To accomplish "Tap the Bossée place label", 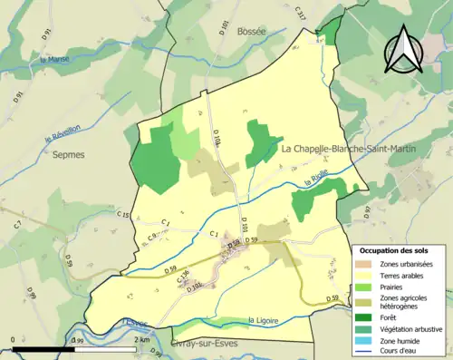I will pos(251,31).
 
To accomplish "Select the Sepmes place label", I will pos(68,155).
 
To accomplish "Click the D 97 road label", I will pos(367,213).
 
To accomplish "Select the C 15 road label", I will pos(124,215).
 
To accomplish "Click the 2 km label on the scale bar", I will pos(140,340).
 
